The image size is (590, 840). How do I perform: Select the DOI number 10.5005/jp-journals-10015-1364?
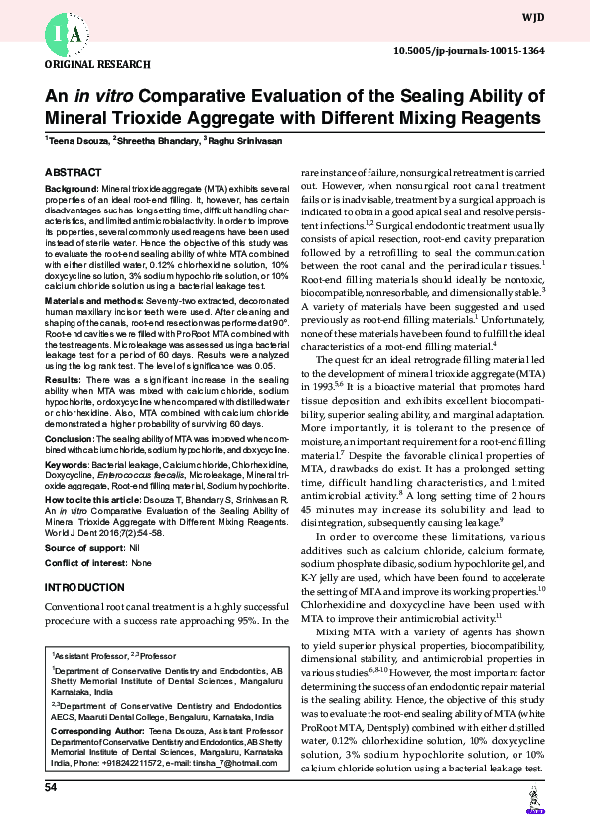pos(484,50)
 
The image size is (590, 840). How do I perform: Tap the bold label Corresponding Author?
pos(95,731)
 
